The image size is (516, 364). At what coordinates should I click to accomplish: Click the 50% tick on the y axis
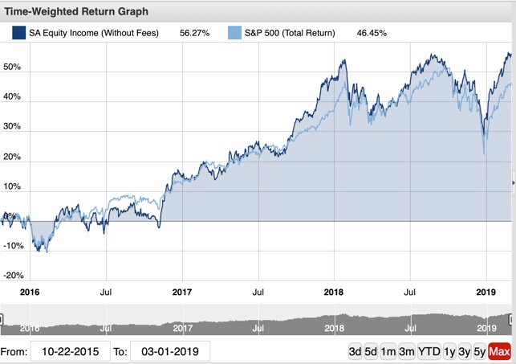point(10,67)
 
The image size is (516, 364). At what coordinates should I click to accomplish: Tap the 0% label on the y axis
point(8,215)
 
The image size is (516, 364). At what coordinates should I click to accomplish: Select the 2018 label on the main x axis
point(335,292)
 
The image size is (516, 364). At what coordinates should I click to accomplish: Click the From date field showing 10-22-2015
point(71,351)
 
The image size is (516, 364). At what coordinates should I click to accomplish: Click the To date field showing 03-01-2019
point(170,351)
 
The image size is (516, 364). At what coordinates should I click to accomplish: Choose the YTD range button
point(429,351)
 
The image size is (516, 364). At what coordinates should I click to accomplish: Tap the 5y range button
point(480,351)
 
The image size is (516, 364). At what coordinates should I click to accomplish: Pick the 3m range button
point(406,351)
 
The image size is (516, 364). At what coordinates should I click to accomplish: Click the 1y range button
point(449,351)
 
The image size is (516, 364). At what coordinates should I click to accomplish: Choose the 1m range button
point(388,351)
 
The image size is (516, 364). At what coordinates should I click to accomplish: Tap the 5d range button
point(372,351)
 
